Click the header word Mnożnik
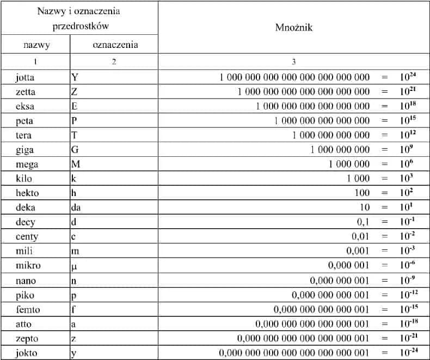294,27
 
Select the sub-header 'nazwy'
35,45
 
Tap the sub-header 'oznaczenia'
114,45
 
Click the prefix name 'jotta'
26,77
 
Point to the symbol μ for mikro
75,266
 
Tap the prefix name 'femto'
28,309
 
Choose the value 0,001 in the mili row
358,251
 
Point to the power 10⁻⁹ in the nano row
406,280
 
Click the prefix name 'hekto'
28,193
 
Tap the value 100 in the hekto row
361,193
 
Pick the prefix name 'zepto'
27,339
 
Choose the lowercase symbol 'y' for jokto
74,353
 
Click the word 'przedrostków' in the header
79,26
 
